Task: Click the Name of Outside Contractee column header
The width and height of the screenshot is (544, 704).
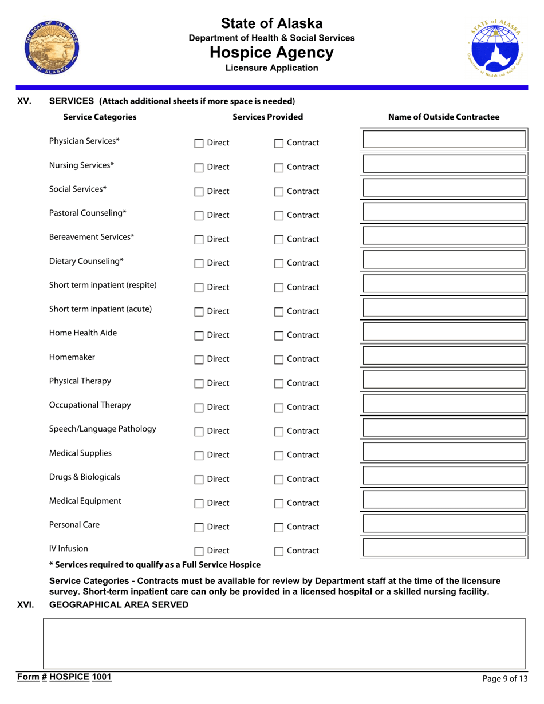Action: [x=444, y=117]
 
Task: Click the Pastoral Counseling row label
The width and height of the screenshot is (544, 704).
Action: [x=88, y=213]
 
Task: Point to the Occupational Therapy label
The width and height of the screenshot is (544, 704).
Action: [x=90, y=405]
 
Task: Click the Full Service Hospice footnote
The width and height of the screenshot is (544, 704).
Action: [x=155, y=564]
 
